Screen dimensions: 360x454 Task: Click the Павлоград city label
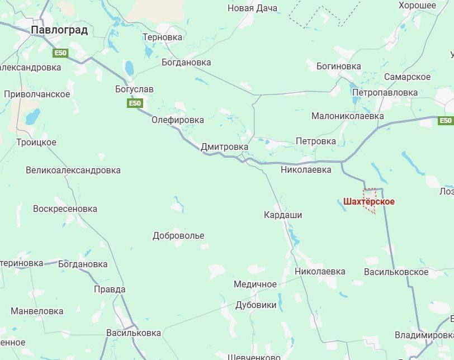(59, 30)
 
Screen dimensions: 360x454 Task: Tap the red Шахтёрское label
(369, 201)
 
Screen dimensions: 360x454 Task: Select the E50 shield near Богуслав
(135, 103)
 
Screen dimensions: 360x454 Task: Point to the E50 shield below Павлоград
(60, 53)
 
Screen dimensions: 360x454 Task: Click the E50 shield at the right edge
(445, 121)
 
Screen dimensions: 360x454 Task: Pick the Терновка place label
(163, 37)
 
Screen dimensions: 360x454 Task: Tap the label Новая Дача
(253, 8)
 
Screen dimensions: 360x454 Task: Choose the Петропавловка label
(385, 92)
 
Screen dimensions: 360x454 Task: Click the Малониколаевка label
(348, 116)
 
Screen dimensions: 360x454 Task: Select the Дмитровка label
(224, 147)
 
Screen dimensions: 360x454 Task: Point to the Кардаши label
(283, 215)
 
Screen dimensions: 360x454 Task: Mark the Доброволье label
(178, 236)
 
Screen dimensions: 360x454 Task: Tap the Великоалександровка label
(73, 170)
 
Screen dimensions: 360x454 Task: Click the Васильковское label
(396, 272)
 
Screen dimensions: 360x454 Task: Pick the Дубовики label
(256, 305)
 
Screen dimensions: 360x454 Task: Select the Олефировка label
(178, 120)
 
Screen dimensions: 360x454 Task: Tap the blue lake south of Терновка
(129, 69)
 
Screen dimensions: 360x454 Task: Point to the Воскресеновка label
(65, 209)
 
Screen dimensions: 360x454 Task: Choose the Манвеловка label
(37, 311)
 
